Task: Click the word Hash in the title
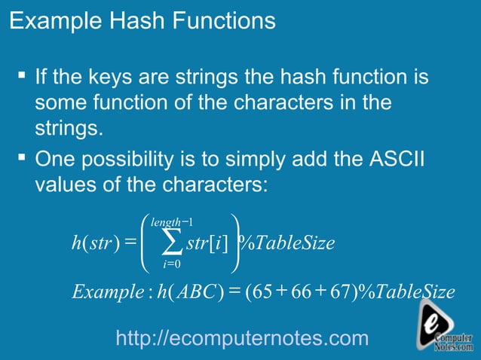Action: click(127, 20)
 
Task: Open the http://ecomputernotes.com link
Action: click(243, 339)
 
